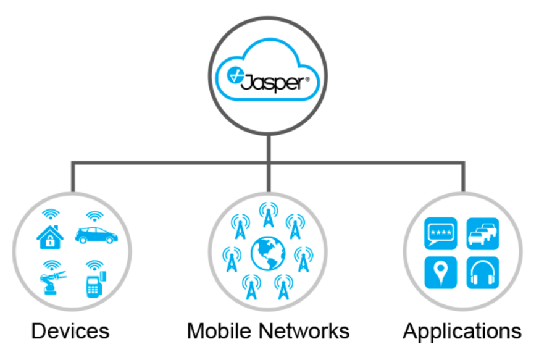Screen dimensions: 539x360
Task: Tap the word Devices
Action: coord(70,331)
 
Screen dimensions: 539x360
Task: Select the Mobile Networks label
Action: coord(268,331)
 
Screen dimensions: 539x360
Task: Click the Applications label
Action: coord(462,332)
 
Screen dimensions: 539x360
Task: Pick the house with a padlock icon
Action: coord(50,237)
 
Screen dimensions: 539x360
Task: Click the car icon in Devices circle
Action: coord(96,235)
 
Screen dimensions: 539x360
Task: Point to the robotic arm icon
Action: coord(52,283)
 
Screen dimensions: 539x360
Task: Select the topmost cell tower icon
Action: coord(269,215)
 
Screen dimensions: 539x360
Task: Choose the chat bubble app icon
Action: coord(441,233)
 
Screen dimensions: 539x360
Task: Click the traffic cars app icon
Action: coord(483,233)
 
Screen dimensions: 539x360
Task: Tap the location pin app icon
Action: coord(441,273)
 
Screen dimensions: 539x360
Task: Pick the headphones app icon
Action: coord(483,273)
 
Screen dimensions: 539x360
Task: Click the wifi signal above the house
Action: coord(51,214)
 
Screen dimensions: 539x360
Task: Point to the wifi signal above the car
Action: coord(94,216)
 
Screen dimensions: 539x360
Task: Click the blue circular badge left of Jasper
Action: coord(235,75)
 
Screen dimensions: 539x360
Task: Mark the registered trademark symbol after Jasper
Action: coord(307,79)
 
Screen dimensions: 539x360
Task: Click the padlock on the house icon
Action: coord(50,241)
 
